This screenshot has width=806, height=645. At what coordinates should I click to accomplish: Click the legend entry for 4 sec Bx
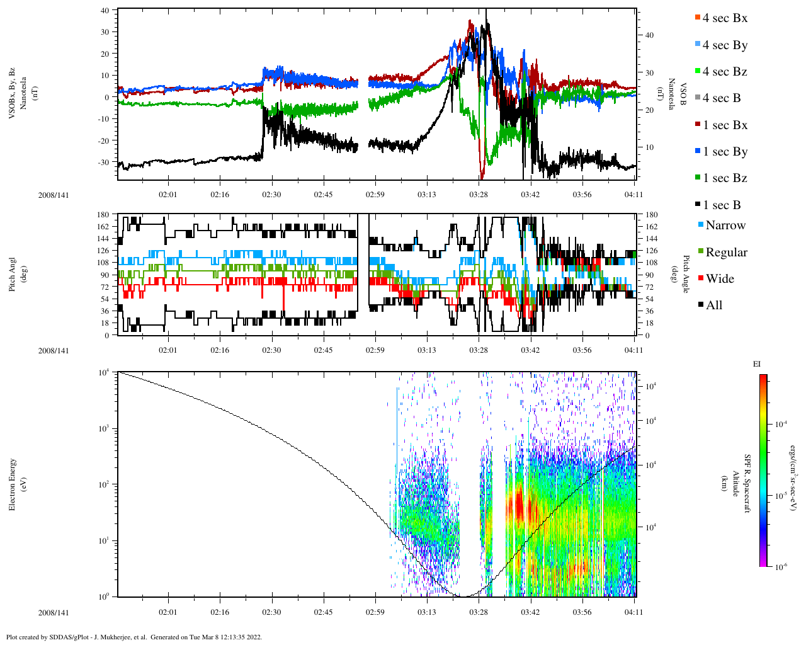click(x=725, y=18)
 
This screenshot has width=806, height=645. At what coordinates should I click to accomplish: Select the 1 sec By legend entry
click(x=725, y=152)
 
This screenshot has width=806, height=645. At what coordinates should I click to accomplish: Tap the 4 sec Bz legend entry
click(x=725, y=72)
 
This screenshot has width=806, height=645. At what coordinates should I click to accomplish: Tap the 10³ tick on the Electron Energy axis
click(x=103, y=429)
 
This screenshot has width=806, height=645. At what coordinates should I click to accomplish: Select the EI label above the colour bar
click(x=758, y=364)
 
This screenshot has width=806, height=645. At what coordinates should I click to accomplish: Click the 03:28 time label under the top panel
click(x=479, y=195)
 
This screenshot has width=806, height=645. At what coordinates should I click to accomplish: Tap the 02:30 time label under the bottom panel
click(x=271, y=612)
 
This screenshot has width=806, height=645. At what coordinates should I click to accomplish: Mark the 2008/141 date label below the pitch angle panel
click(x=54, y=350)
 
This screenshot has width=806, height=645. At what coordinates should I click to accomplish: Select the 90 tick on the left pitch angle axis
click(x=105, y=275)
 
